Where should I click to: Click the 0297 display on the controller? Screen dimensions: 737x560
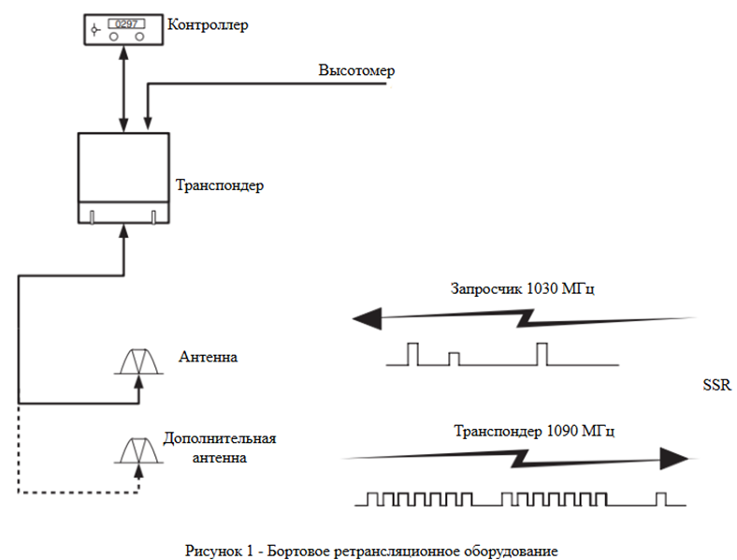[x=126, y=23]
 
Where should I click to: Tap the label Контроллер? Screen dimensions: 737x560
[x=208, y=24]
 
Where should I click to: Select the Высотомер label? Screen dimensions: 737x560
[x=356, y=70]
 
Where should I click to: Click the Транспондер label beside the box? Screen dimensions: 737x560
[x=220, y=184]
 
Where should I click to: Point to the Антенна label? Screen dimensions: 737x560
[x=208, y=357]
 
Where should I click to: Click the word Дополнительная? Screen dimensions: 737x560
[x=220, y=438]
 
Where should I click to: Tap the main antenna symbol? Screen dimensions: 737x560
[x=138, y=361]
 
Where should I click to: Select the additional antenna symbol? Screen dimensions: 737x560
[x=138, y=450]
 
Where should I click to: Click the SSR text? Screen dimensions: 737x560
[x=716, y=385]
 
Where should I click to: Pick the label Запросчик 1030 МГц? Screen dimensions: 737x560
[x=522, y=288]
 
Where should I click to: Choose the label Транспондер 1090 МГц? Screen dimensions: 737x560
[x=534, y=431]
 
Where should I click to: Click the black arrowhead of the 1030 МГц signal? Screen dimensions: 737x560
[x=367, y=318]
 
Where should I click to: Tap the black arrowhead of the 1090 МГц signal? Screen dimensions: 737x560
[x=674, y=458]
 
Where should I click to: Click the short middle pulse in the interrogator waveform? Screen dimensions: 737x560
[x=454, y=359]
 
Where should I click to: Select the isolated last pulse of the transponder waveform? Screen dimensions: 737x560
[x=661, y=499]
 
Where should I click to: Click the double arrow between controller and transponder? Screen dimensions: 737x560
[x=123, y=89]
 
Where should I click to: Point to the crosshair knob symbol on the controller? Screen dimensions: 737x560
[x=95, y=30]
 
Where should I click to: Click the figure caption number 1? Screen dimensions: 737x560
[x=250, y=551]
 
